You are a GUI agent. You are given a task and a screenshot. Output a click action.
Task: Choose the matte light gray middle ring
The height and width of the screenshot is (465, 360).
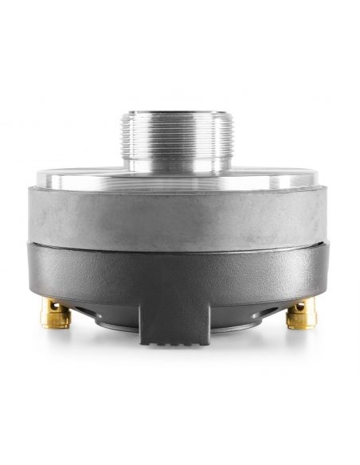click(180, 213)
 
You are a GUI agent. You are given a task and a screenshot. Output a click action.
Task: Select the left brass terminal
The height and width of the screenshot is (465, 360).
click(57, 314)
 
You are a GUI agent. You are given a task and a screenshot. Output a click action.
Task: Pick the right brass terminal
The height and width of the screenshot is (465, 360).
click(302, 314)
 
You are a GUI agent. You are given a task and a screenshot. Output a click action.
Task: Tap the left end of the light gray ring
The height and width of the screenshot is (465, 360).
click(45, 213)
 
